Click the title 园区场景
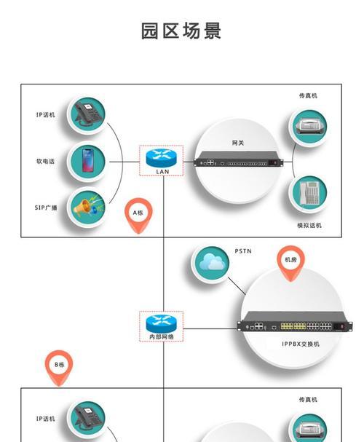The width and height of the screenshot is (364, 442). tap(181, 31)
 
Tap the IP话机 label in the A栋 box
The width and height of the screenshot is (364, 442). tap(46, 115)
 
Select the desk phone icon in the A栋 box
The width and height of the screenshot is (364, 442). tap(87, 115)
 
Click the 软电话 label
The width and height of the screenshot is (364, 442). tap(45, 161)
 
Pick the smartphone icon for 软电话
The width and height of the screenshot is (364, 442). tap(87, 161)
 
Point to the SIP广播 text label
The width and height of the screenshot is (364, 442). tap(46, 208)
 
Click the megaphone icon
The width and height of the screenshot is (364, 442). tap(87, 208)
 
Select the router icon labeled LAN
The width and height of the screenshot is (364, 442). tap(162, 158)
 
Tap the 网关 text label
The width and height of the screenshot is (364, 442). tap(238, 143)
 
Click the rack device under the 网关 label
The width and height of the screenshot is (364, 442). tap(238, 159)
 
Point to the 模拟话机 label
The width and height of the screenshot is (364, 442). tap(309, 225)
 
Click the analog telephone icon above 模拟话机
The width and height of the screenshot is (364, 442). tap(309, 192)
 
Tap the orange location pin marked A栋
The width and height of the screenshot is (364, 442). tap(138, 216)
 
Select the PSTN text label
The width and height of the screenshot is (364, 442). tap(243, 251)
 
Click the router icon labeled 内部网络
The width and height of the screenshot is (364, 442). tap(162, 324)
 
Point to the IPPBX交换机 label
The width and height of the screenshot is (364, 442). tap(301, 344)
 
